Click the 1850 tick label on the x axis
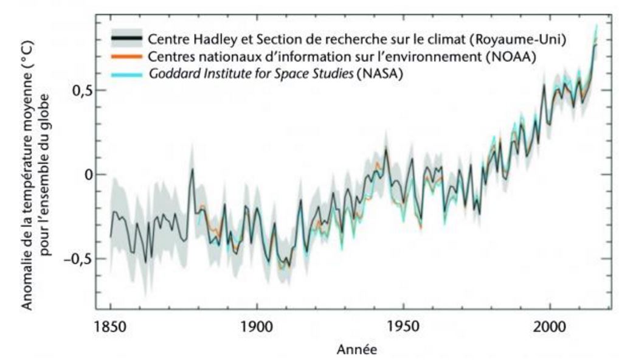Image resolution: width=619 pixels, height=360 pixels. pyautogui.click(x=111, y=327)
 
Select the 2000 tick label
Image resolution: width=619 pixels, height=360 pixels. pyautogui.click(x=550, y=327)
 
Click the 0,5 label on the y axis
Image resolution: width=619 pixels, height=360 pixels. pyautogui.click(x=77, y=90)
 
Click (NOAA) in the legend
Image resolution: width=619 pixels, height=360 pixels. pyautogui.click(x=514, y=57)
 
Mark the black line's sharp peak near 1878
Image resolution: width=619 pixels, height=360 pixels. pyautogui.click(x=192, y=168)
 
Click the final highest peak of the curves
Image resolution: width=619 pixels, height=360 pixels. pyautogui.click(x=596, y=26)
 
